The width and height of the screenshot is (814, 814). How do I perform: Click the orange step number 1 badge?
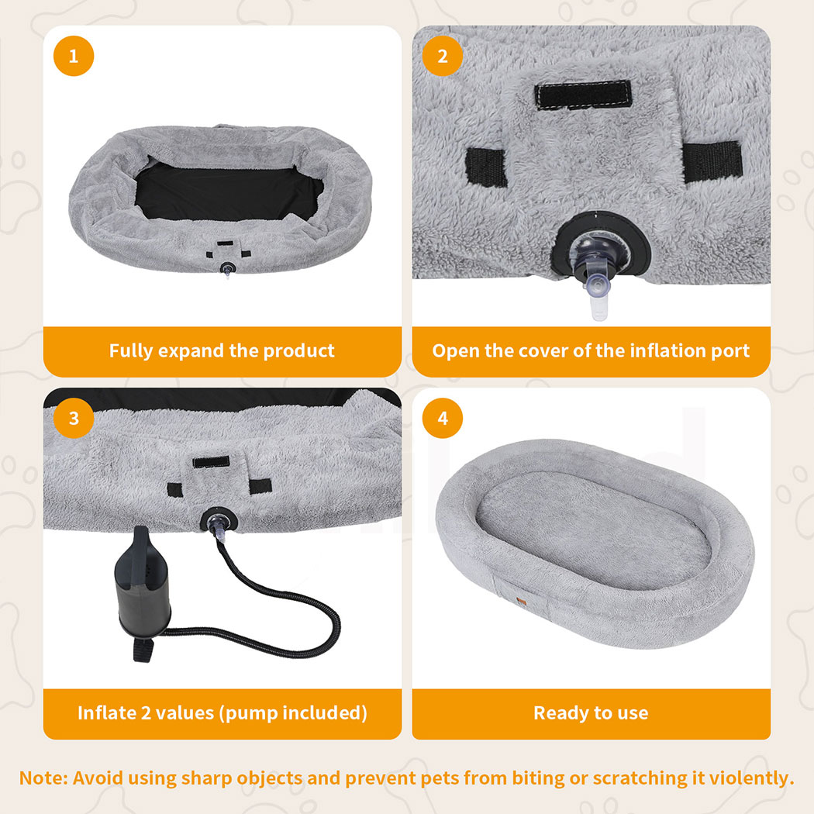[74, 56]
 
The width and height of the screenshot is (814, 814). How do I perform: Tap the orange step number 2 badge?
[443, 56]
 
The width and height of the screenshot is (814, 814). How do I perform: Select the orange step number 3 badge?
[74, 418]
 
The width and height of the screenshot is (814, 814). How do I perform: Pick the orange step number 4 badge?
[443, 418]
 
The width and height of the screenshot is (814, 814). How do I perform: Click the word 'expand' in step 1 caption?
[191, 351]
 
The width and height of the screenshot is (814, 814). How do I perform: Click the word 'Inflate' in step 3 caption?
[107, 712]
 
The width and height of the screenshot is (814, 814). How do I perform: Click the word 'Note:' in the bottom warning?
[43, 778]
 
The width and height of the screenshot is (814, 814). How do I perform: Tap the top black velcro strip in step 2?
[583, 95]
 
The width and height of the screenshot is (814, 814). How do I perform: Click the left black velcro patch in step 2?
[486, 167]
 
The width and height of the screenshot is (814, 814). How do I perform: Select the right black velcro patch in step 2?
[712, 161]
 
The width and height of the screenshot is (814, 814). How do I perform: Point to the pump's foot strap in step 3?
[143, 650]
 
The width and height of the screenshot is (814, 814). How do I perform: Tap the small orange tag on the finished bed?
[522, 602]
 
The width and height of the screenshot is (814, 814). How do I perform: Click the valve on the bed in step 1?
[227, 269]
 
